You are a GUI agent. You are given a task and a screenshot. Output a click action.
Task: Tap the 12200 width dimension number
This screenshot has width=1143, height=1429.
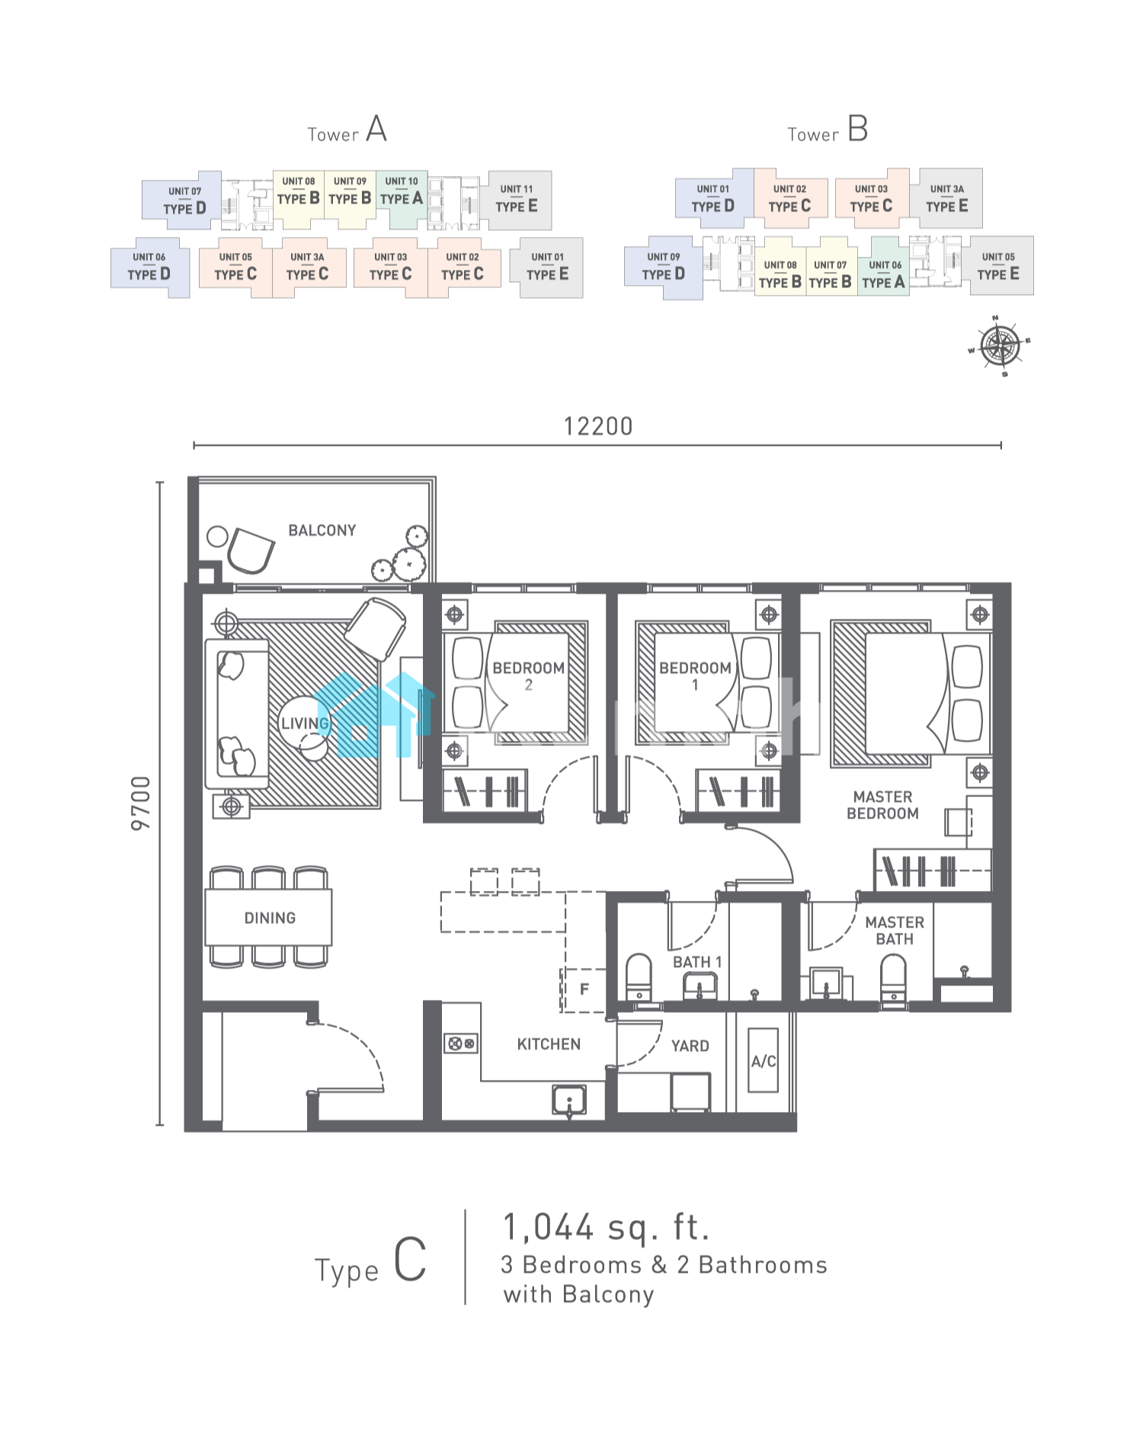(598, 427)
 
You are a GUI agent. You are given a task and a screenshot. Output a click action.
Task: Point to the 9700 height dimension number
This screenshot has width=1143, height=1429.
(142, 803)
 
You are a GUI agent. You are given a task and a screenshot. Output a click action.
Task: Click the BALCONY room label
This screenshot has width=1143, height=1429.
(322, 530)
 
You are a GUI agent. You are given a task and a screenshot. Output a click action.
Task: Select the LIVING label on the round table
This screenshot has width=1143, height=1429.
(305, 723)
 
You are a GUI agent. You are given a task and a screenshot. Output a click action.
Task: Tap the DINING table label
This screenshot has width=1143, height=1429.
(270, 918)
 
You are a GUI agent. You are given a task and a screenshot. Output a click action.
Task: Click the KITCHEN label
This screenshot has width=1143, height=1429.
(549, 1044)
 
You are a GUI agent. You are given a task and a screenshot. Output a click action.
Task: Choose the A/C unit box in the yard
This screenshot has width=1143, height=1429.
(764, 1060)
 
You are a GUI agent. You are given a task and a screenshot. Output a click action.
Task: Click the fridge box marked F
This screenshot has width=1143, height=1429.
(584, 989)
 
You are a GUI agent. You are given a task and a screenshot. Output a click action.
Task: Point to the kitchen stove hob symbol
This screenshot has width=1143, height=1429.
(461, 1043)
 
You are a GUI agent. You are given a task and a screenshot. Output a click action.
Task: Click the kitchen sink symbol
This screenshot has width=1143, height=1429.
(569, 1100)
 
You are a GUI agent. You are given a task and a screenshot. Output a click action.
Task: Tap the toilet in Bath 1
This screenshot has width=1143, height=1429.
(639, 977)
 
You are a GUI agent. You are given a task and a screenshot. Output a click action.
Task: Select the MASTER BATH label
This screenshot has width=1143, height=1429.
(895, 931)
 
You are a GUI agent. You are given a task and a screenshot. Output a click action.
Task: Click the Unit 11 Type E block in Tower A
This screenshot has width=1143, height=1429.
(517, 200)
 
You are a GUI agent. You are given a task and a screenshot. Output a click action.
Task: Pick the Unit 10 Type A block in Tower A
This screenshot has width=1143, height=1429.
(402, 199)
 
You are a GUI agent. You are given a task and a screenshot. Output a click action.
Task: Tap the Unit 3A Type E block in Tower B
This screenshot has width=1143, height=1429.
(947, 198)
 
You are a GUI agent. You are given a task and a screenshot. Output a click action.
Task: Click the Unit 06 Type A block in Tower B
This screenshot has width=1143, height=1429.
(884, 274)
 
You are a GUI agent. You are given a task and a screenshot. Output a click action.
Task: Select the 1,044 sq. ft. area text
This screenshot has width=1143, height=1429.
(607, 1227)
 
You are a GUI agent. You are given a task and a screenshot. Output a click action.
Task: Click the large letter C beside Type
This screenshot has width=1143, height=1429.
(410, 1260)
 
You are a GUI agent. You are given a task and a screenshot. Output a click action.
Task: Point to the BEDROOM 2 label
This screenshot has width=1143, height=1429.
(529, 676)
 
